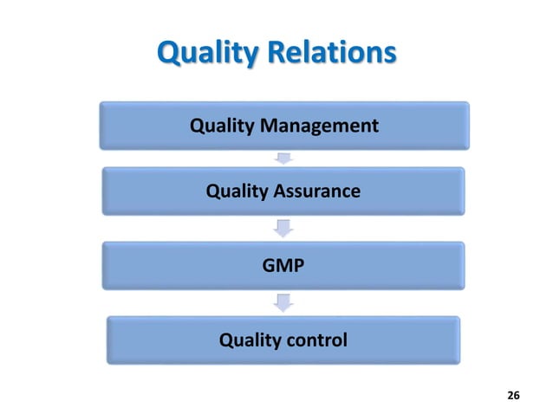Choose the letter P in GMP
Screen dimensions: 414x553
click(299, 265)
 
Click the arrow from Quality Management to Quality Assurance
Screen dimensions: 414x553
click(283, 158)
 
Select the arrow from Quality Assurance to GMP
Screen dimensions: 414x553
click(283, 229)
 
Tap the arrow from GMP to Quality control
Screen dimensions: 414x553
click(283, 303)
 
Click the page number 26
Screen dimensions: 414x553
click(513, 395)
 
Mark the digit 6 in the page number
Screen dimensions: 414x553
click(517, 395)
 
